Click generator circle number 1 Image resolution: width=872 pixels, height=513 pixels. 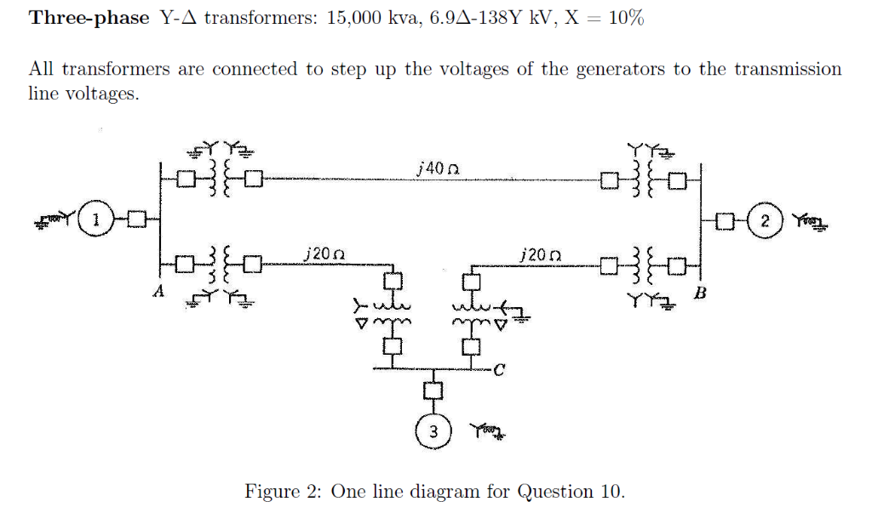(x=96, y=222)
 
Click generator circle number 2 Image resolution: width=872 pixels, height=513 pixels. (x=766, y=223)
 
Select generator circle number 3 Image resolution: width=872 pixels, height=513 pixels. (x=433, y=431)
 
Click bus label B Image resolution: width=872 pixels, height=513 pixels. (x=700, y=294)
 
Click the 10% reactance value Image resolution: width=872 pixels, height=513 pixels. (x=626, y=19)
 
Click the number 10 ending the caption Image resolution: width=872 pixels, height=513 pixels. (x=611, y=491)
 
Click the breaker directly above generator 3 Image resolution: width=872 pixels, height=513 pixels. (x=433, y=390)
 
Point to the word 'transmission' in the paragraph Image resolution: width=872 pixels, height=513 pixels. (x=789, y=70)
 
